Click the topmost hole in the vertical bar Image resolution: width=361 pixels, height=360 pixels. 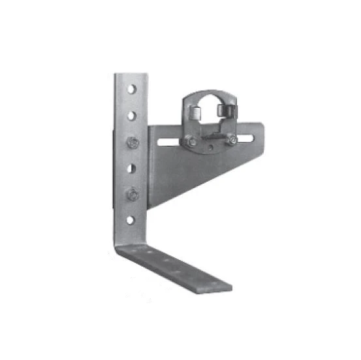(x=132, y=88)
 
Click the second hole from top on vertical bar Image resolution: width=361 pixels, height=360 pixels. (x=132, y=116)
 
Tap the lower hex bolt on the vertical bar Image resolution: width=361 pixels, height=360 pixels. (x=133, y=193)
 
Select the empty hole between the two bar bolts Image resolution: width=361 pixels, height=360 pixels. (x=132, y=168)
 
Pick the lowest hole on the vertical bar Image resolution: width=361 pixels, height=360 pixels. (x=131, y=220)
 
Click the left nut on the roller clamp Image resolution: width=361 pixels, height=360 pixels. (x=189, y=139)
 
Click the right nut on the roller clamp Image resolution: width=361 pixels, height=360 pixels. (x=230, y=139)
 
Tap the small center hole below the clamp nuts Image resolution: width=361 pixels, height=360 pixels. (x=210, y=150)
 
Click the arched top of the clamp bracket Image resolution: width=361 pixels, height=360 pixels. (x=209, y=93)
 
